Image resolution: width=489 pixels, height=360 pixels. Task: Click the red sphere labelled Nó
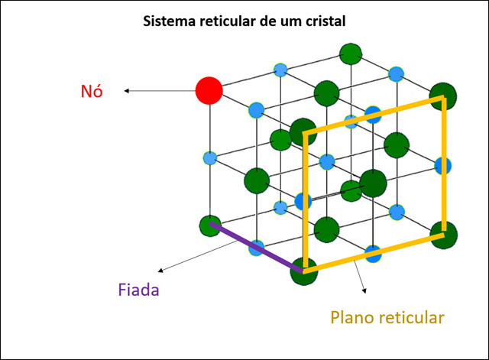209,90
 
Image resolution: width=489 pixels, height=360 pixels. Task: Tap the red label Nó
92,91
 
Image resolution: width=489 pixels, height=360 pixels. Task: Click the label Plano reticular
387,316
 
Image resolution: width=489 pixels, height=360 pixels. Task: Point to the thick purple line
256,248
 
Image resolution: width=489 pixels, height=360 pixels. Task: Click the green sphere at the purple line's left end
210,225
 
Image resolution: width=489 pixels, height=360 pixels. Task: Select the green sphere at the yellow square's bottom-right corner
443,232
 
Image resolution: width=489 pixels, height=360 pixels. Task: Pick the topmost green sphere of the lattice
350,54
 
